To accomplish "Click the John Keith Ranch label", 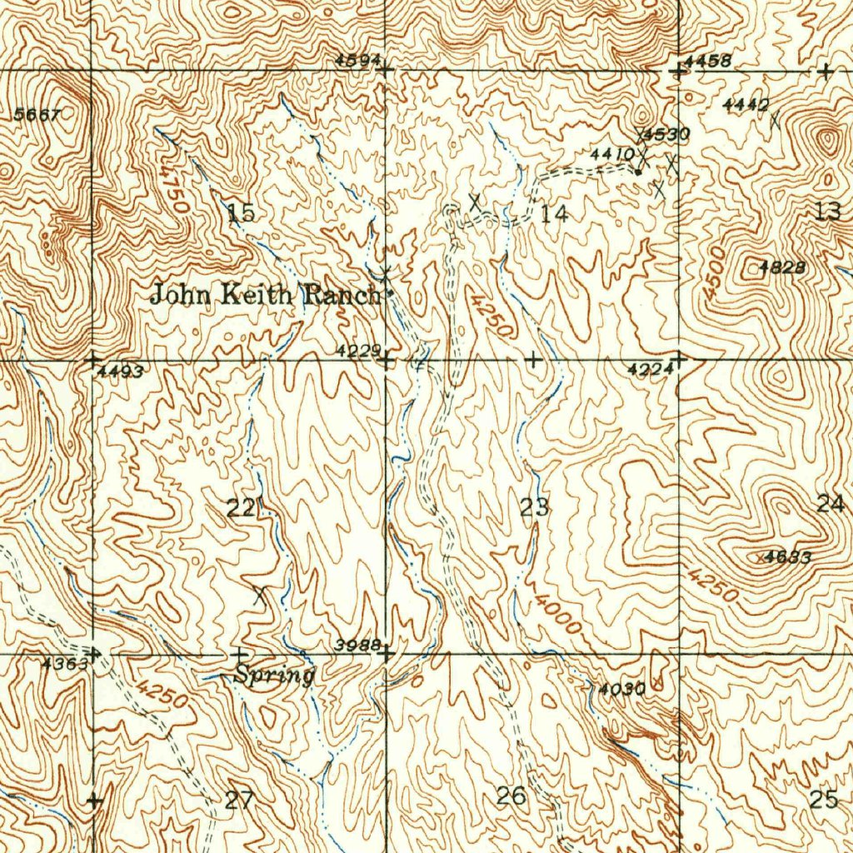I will click(266, 294).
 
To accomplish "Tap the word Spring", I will click(273, 675).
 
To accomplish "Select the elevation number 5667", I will click(37, 116).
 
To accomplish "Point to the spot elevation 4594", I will click(358, 60).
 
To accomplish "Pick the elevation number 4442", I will click(746, 104).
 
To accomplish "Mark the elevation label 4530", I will click(666, 134).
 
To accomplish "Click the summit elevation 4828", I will click(782, 267).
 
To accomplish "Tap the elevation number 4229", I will click(359, 351).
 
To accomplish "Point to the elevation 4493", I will click(121, 372).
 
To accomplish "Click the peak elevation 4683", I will click(787, 557).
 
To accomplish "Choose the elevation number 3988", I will click(358, 645).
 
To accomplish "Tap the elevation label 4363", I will click(64, 664).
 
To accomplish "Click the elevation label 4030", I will click(621, 689).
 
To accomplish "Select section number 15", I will click(241, 212).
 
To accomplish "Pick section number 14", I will click(554, 214).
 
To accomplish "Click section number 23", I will click(535, 506).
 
